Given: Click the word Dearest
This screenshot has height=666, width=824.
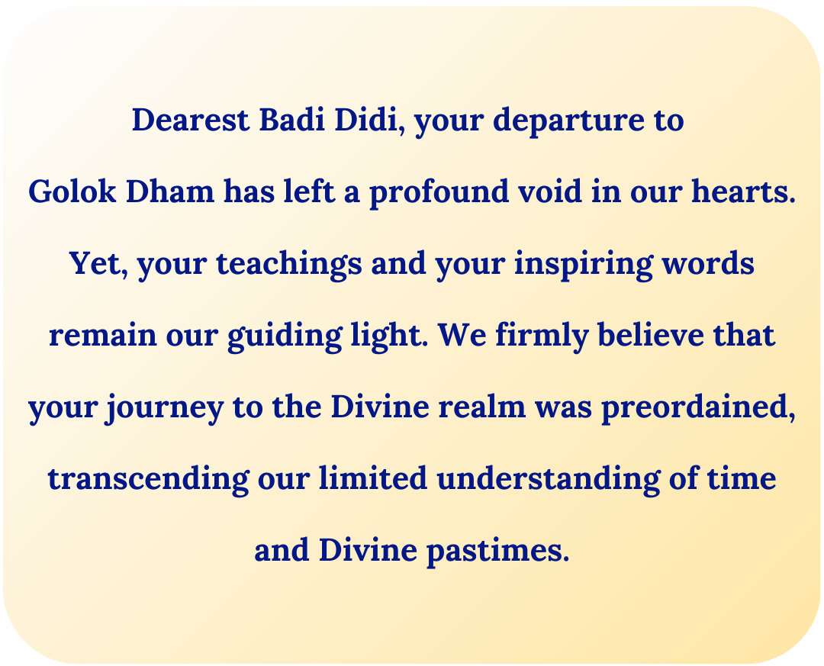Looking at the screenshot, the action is pos(190,120).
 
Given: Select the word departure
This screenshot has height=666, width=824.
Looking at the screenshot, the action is pos(568,121).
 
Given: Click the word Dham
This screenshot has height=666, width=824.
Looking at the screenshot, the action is pos(170,191).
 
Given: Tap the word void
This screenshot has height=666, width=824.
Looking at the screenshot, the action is pos(550,191).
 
